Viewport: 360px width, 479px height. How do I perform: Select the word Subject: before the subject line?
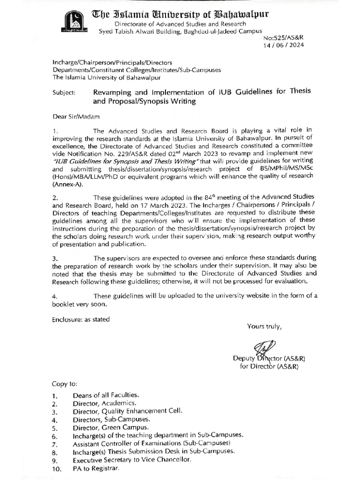click(x=64, y=93)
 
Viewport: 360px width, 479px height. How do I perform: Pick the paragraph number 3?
click(x=55, y=259)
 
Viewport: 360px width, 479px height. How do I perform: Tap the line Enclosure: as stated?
click(x=81, y=319)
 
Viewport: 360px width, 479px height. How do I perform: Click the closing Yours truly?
click(x=264, y=326)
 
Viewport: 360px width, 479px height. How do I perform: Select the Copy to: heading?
click(x=65, y=385)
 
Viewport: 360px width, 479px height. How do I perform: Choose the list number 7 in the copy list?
click(x=55, y=444)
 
